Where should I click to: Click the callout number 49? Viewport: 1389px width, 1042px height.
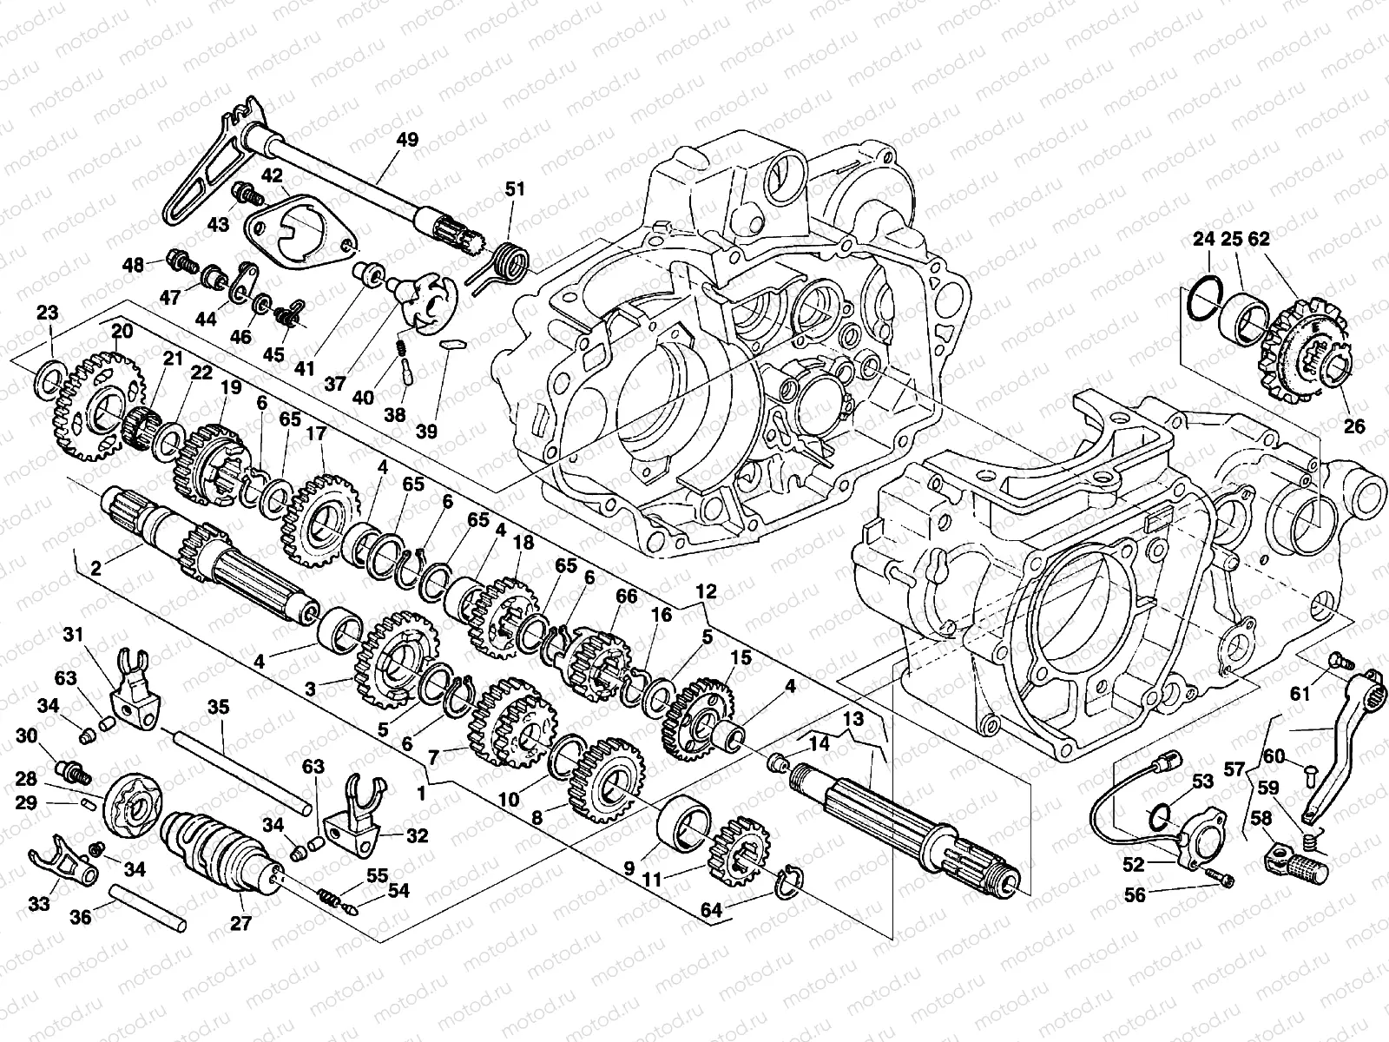click(407, 139)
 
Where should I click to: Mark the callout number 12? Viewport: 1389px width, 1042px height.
click(706, 591)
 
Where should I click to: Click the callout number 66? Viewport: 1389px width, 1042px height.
click(626, 596)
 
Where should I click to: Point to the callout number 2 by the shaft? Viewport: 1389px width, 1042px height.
click(96, 568)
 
